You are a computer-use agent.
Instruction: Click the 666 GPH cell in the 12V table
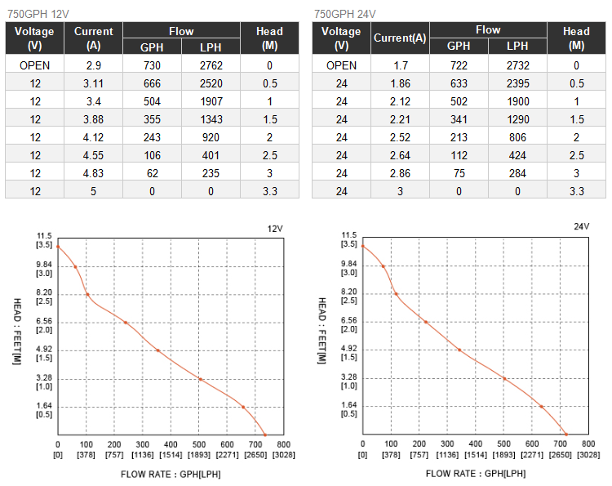(152, 82)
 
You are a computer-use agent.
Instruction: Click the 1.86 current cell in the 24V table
(400, 82)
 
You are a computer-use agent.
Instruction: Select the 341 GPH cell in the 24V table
(459, 118)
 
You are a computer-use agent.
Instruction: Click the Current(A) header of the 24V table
(400, 38)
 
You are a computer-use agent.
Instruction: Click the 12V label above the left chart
(274, 228)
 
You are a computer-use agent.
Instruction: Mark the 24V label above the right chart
(581, 226)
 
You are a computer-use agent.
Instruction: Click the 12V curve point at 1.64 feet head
(242, 407)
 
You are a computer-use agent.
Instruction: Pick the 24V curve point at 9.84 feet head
(383, 266)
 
